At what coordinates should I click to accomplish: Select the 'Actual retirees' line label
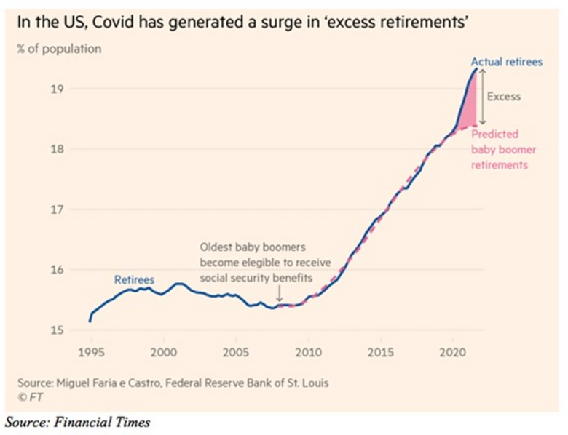click(x=506, y=62)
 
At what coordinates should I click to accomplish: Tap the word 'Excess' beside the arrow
click(x=504, y=96)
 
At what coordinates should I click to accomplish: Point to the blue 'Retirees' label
click(x=134, y=279)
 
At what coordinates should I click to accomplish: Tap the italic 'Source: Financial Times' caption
click(x=77, y=422)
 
